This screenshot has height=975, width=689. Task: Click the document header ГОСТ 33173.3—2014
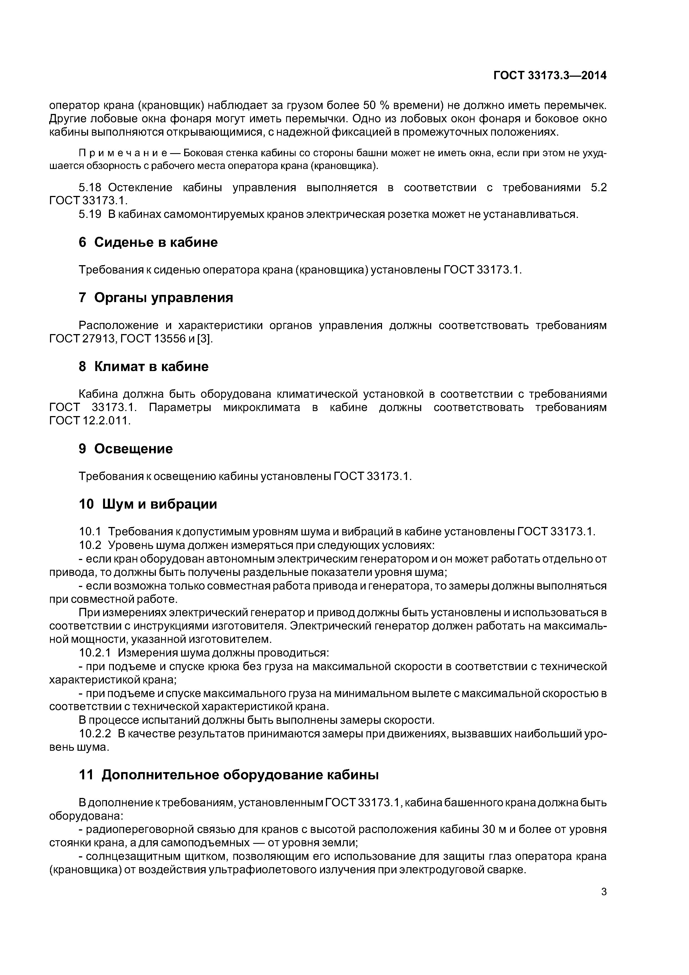point(550,76)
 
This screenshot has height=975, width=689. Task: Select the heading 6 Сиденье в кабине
point(148,242)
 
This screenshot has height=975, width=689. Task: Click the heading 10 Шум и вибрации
point(148,504)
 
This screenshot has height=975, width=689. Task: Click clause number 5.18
point(90,188)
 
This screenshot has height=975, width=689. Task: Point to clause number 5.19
point(90,215)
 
